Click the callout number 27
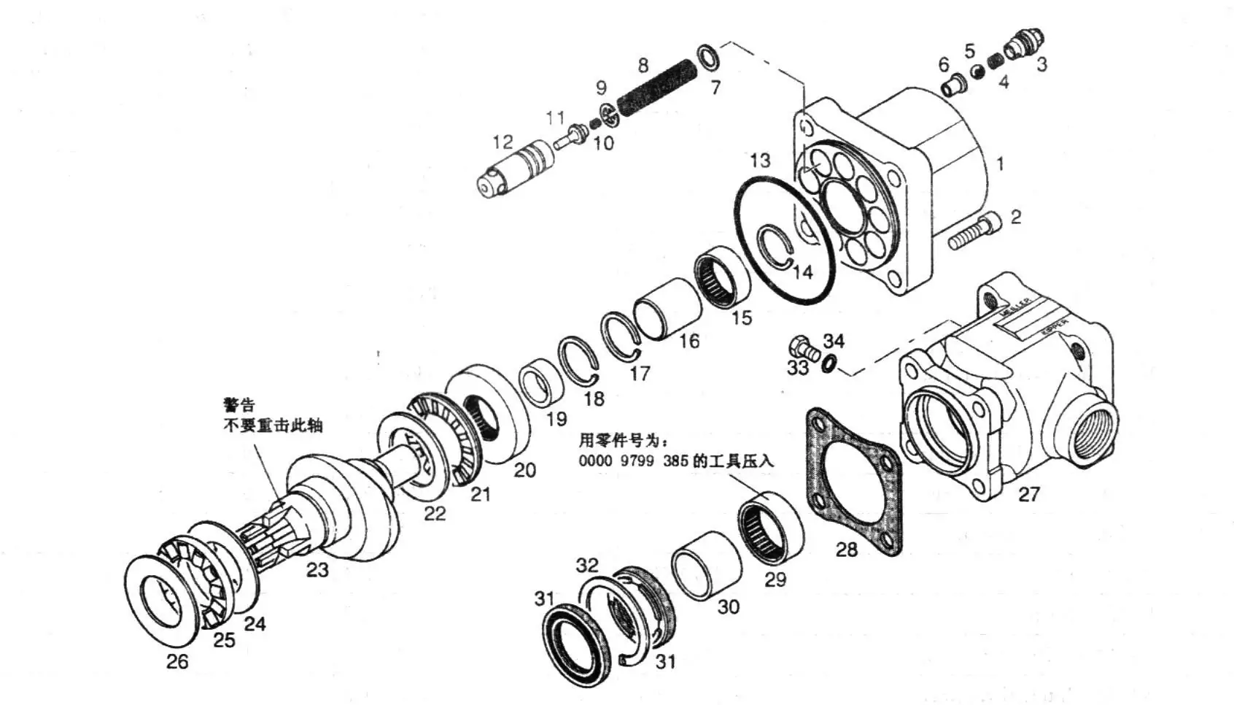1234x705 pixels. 1028,494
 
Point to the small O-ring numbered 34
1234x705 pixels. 829,363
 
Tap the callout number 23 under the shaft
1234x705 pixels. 317,569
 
